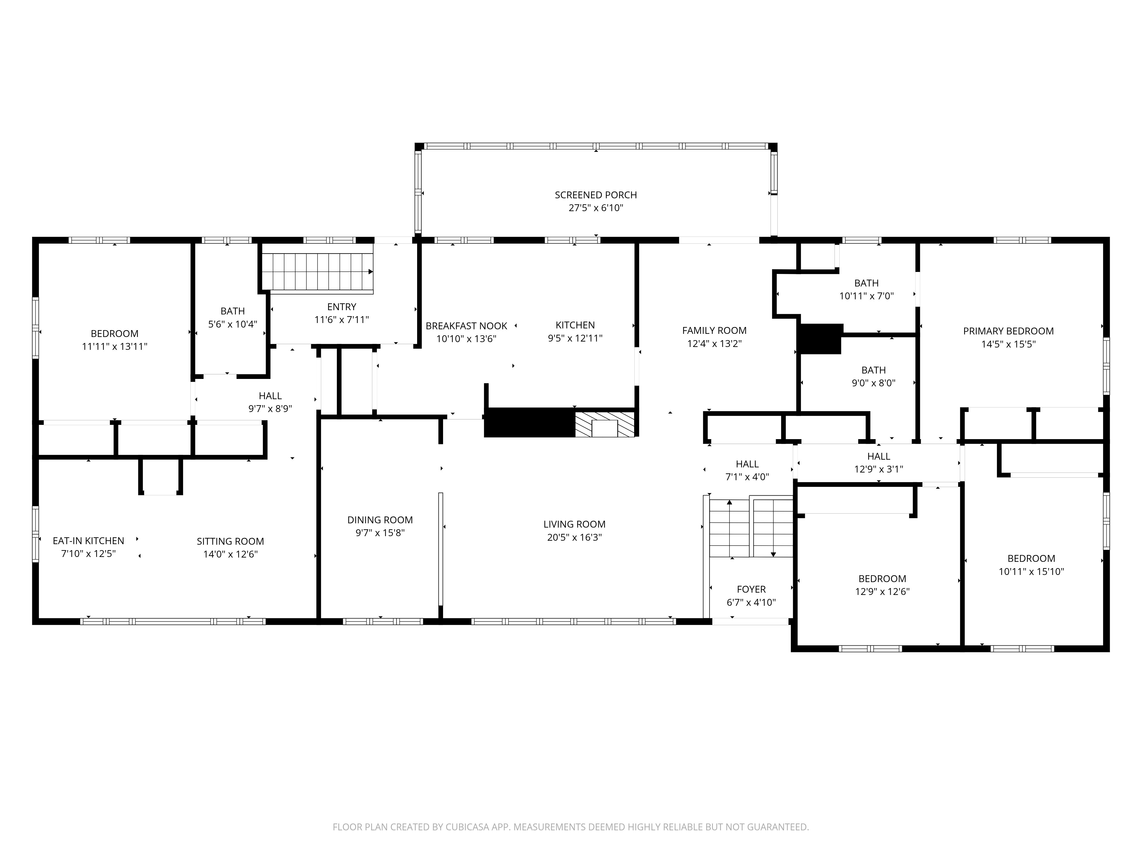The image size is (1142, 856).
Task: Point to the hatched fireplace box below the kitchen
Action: point(605,424)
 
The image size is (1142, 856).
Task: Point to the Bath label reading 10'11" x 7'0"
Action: point(866,283)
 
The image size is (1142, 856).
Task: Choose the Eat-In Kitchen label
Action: point(88,541)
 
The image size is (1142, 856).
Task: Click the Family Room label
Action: point(714,331)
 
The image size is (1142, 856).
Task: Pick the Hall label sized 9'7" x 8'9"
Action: point(270,396)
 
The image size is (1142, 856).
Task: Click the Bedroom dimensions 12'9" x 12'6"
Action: point(882,592)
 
